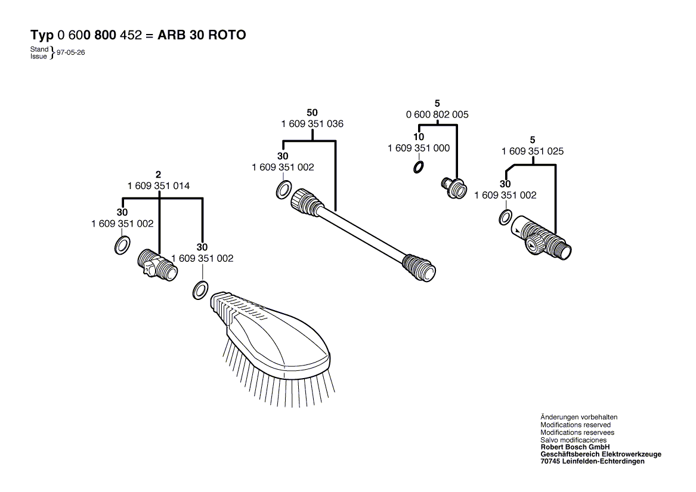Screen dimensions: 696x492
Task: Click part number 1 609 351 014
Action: tap(159, 185)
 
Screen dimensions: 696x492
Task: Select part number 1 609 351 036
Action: tap(312, 124)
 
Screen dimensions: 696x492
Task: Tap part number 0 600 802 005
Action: tap(437, 115)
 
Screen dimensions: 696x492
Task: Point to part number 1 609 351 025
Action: tap(533, 151)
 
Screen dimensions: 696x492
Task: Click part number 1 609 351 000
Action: tap(419, 148)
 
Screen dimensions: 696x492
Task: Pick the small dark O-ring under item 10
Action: tap(418, 168)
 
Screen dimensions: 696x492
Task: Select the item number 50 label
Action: tap(312, 113)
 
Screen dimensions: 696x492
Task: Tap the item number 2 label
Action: tap(159, 175)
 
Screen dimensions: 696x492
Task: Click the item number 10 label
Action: tap(419, 137)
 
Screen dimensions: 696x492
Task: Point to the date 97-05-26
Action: tap(71, 52)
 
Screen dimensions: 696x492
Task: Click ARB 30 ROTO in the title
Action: tap(202, 35)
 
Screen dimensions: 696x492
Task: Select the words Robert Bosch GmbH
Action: tap(576, 447)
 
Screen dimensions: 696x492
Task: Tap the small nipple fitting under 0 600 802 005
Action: tap(454, 188)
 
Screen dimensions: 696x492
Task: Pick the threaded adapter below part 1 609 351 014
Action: tap(157, 265)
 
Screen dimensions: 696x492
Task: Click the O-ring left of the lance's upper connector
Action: tap(284, 190)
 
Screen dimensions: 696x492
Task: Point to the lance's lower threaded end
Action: tap(419, 268)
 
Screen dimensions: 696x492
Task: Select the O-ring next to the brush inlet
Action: tap(200, 290)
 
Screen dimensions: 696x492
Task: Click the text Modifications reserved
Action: tap(576, 425)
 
